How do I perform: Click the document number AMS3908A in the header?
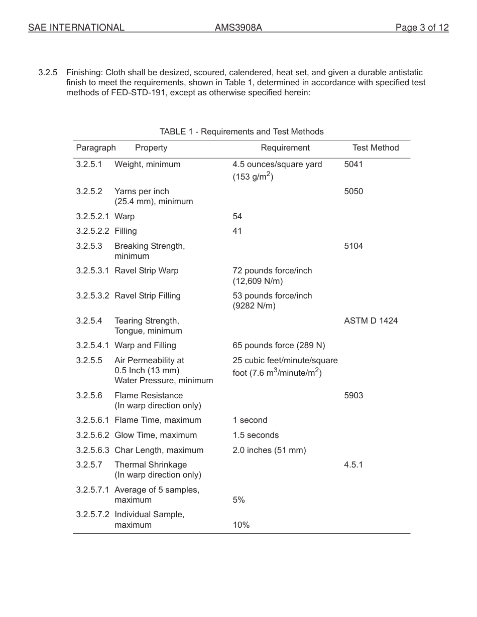238,28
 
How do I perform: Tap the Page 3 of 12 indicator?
422,28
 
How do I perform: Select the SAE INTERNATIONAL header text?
76,28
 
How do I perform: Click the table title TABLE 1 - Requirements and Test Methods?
242,131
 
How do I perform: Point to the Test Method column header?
376,147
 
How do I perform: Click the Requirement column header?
285,147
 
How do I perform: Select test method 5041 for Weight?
353,164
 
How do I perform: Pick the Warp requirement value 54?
237,216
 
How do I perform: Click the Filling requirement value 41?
237,231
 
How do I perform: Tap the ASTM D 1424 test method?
371,321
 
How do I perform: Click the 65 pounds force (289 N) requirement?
279,345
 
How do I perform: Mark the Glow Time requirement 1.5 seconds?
256,435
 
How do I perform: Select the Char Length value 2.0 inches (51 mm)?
269,450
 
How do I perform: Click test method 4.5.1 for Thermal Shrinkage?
353,465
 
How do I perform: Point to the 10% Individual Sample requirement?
241,525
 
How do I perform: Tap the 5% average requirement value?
238,500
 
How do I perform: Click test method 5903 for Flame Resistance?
353,395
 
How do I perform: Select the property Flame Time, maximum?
158,420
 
